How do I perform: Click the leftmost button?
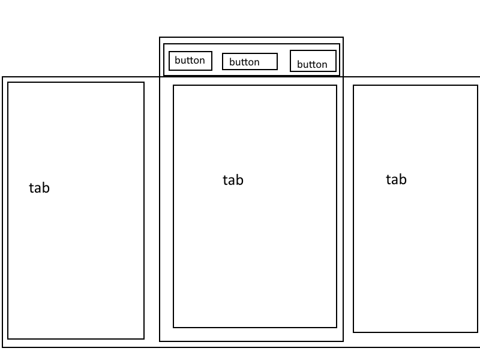190,61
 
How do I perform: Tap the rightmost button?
313,61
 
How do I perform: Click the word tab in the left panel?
39,188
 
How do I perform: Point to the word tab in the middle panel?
233,180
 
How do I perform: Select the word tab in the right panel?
396,179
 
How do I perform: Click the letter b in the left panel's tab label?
46,188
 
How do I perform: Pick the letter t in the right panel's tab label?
388,179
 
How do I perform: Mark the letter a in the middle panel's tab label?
232,181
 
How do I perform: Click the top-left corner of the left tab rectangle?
8,82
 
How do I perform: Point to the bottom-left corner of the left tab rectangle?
8,339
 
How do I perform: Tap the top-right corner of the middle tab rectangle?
337,85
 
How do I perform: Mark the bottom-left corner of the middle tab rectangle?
173,328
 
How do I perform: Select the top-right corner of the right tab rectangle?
478,85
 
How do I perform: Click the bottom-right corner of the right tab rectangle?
478,332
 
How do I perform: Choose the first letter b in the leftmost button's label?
177,60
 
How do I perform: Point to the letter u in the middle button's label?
237,62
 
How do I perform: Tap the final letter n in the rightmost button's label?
325,65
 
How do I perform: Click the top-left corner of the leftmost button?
169,52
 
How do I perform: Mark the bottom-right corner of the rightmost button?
335,71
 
